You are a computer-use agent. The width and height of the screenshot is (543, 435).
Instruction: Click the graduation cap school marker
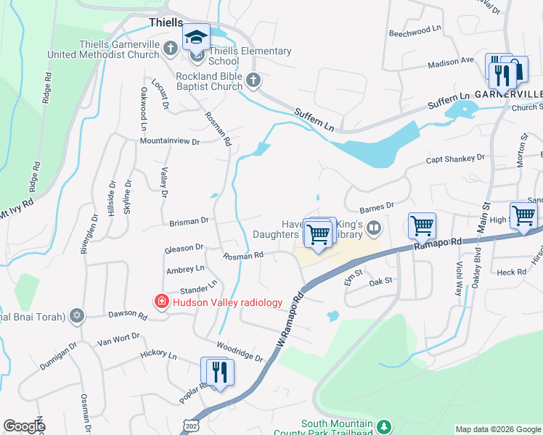pos(196,36)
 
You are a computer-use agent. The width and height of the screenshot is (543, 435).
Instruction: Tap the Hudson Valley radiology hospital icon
pos(160,301)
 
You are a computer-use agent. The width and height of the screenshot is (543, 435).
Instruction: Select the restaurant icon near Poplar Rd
pos(218,372)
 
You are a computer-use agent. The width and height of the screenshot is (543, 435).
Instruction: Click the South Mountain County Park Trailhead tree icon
pos(385,425)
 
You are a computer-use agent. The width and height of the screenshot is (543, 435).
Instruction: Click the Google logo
pos(24,426)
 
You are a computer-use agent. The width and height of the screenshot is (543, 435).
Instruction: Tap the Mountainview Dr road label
pos(169,142)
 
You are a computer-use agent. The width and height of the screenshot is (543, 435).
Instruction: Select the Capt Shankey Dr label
pos(454,158)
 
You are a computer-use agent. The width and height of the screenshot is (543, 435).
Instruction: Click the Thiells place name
pos(166,22)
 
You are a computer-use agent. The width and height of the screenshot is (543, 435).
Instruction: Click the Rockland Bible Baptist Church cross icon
pos(253,80)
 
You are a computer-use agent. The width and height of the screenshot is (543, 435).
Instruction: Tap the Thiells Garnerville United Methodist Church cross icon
pos(171,49)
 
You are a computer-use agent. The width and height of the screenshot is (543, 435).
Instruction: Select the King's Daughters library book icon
pos(374,229)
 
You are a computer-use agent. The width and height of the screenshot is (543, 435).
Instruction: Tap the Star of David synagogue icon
pos(78,315)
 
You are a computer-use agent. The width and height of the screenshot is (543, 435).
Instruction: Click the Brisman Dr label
pos(189,220)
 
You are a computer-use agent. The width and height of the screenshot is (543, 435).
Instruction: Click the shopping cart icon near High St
pos(523,215)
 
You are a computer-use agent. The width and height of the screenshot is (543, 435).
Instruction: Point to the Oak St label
pos(381,280)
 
